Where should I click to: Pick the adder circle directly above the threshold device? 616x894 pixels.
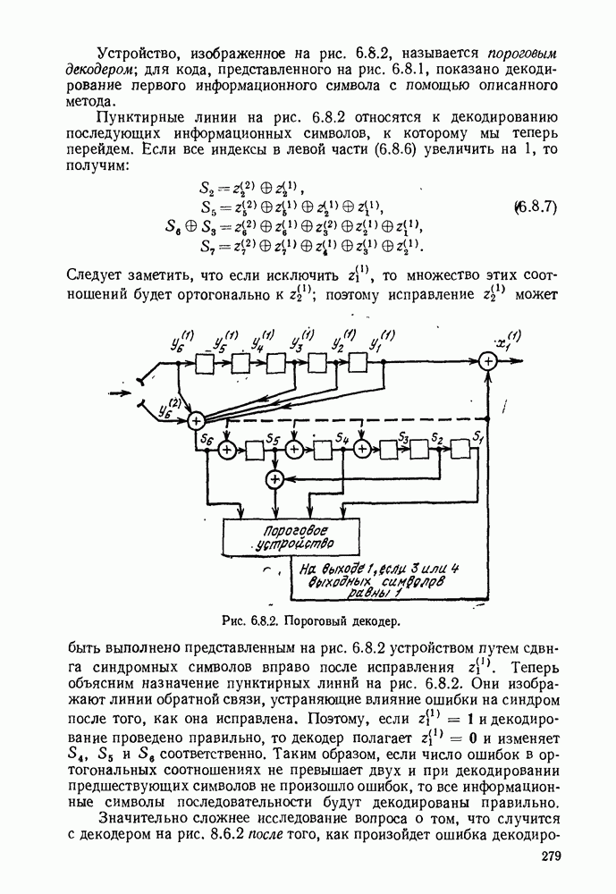274,480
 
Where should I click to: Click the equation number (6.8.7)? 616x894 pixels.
536,207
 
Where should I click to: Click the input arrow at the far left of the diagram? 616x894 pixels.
121,391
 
